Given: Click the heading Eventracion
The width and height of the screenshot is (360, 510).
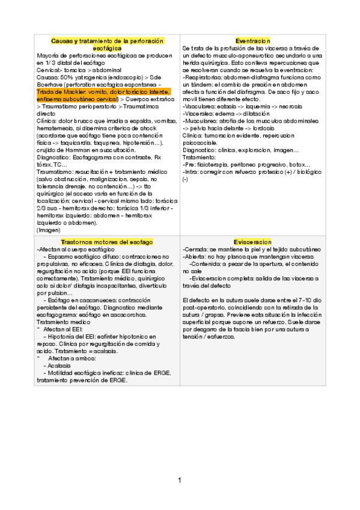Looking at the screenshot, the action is coord(252,40).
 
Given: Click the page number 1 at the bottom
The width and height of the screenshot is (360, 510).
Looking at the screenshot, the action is coord(179,480).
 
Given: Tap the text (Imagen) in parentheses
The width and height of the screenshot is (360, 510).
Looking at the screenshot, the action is coord(49,229).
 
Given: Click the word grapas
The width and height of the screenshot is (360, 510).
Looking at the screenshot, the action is coord(219,313).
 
